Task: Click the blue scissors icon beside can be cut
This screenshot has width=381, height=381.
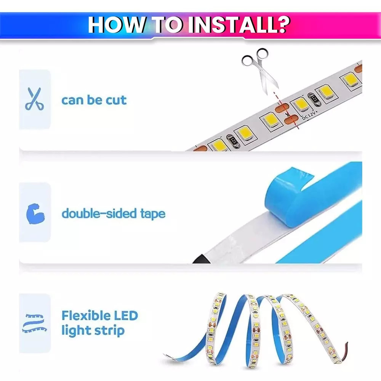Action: (34, 99)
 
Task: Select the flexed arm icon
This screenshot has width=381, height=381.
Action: (35, 213)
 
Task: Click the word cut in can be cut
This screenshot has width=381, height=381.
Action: (115, 100)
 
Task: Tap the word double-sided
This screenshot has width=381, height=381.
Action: (98, 213)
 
